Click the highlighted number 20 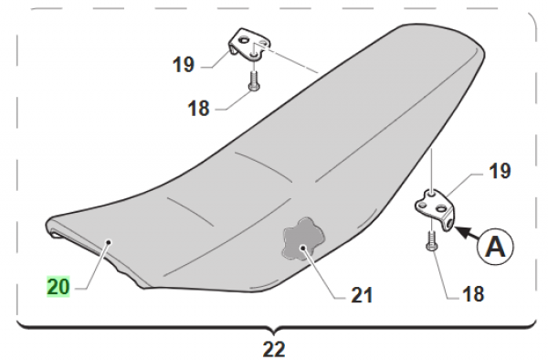pos(58,287)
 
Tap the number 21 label pos(362,295)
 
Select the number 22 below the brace pos(274,349)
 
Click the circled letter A pos(496,246)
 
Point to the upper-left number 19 pos(184,65)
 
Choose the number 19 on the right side pos(500,171)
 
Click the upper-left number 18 pos(198,109)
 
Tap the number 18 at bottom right pos(473,294)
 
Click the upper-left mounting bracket pos(249,45)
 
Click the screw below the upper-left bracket pos(253,81)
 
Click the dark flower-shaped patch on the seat pos(303,238)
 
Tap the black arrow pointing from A pos(467,234)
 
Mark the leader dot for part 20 pos(109,242)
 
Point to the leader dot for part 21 pos(303,248)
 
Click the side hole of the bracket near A pos(449,222)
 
